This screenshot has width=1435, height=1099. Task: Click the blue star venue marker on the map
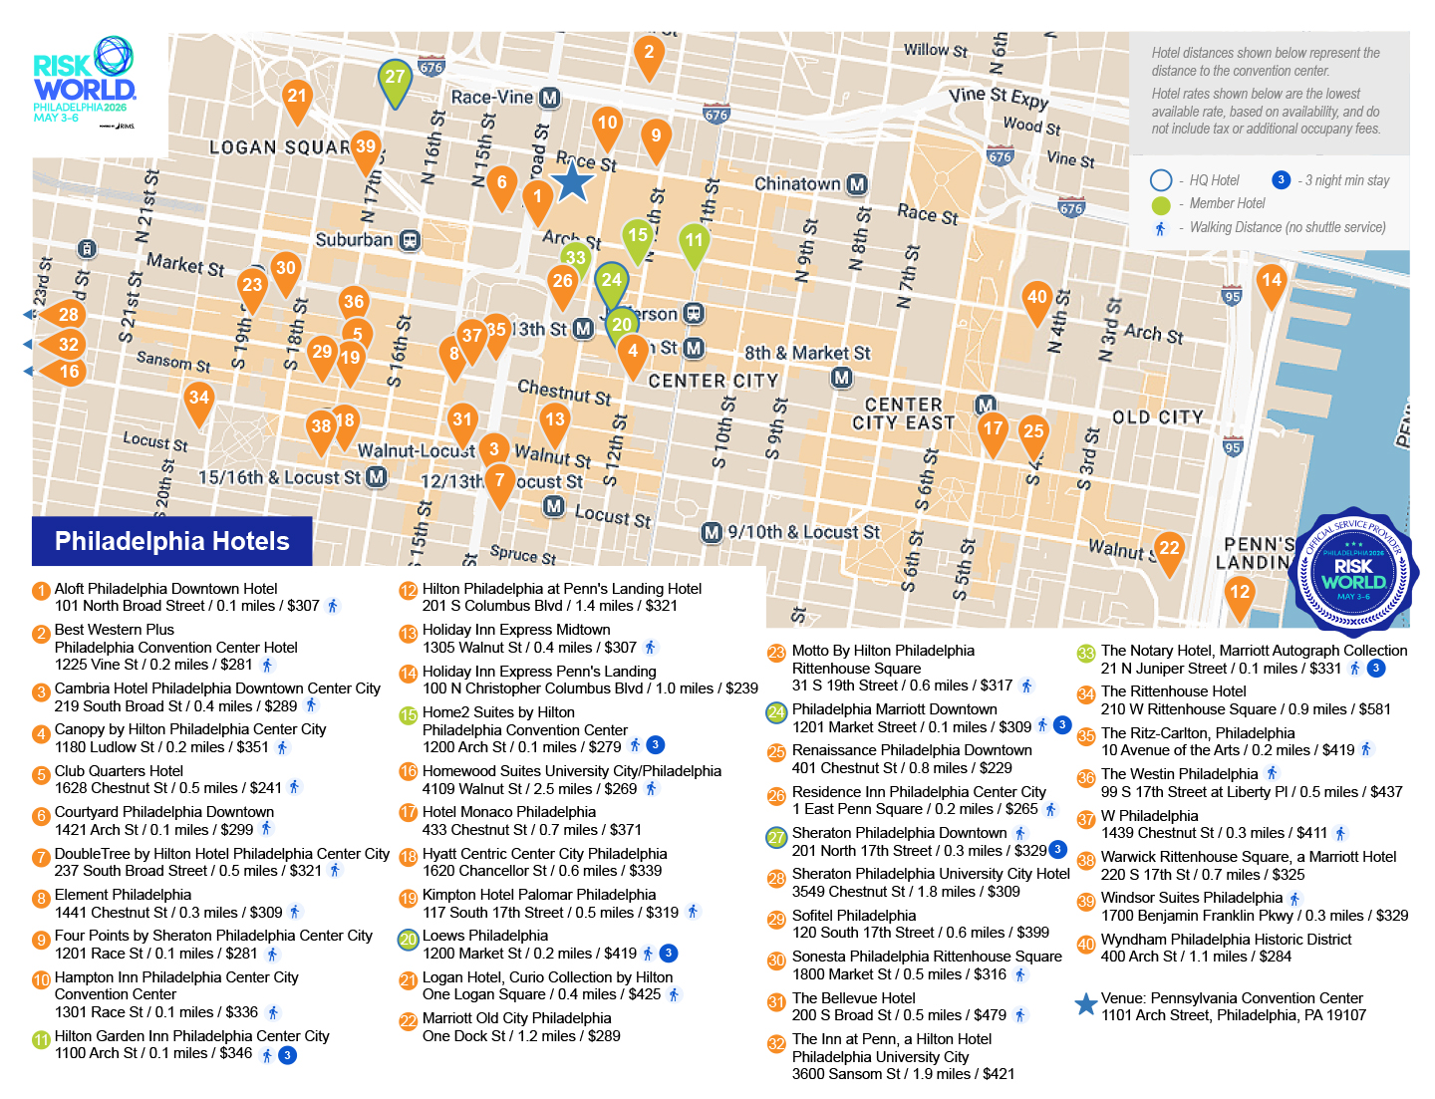point(572,182)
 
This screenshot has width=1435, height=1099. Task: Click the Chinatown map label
point(797,184)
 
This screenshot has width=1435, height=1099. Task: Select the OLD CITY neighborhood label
point(1157,417)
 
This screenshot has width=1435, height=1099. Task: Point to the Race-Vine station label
point(491,98)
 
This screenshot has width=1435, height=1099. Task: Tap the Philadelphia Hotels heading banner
point(171,541)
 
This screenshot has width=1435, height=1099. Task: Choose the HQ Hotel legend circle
point(1161,180)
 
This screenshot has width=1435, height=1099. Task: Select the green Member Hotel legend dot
point(1161,204)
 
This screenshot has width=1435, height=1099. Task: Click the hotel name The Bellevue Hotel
point(853,998)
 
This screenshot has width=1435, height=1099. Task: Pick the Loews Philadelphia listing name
point(484,936)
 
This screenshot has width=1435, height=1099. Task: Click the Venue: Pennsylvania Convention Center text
point(1231,998)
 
